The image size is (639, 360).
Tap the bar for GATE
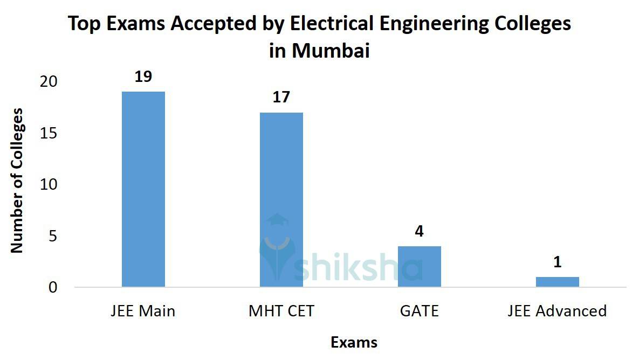(420, 266)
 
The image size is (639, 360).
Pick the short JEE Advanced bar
(557, 282)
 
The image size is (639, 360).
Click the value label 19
(143, 77)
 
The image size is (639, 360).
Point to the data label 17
(281, 98)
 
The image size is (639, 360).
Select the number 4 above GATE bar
(420, 232)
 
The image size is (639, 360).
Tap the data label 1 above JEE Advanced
(558, 262)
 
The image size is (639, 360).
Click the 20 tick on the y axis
(49, 81)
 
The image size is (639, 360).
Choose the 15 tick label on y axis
(49, 133)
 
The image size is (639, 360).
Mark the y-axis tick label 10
(49, 185)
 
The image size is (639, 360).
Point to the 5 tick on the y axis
(53, 236)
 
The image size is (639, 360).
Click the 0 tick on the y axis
(53, 287)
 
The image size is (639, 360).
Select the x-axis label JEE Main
(143, 311)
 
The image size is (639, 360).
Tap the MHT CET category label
(281, 311)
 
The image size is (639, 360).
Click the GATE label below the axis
(420, 311)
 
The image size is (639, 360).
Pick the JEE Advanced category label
(557, 311)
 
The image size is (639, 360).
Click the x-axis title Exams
(354, 342)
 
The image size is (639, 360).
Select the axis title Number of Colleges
(17, 181)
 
